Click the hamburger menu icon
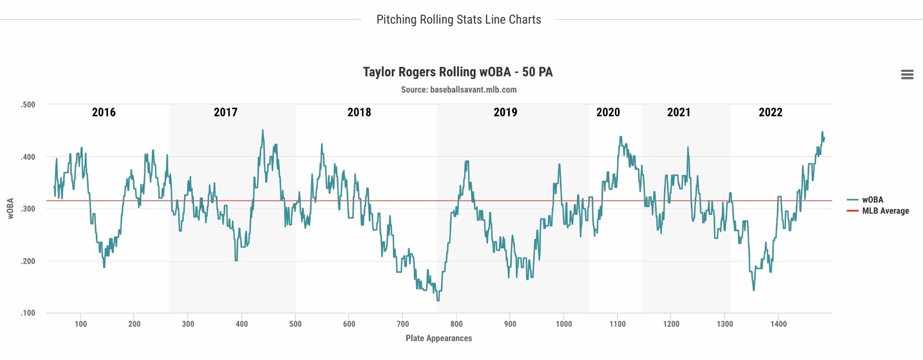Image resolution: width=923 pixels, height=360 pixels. pyautogui.click(x=907, y=75)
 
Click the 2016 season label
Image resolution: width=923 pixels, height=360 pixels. pyautogui.click(x=104, y=112)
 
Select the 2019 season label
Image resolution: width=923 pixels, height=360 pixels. pyautogui.click(x=505, y=112)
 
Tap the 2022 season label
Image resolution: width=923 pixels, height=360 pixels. pyautogui.click(x=770, y=112)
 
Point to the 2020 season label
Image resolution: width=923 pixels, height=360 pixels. pyautogui.click(x=608, y=112)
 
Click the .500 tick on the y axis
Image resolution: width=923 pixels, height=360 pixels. pyautogui.click(x=28, y=105)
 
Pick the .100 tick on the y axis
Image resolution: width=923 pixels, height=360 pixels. pyautogui.click(x=28, y=313)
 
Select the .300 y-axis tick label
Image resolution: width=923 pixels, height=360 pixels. pyautogui.click(x=28, y=209)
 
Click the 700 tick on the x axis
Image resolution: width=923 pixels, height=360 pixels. pyautogui.click(x=403, y=324)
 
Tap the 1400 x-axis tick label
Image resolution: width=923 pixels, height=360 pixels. pyautogui.click(x=778, y=324)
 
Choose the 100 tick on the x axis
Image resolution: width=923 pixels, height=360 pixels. pyautogui.click(x=81, y=324)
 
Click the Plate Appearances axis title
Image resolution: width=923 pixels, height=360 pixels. pyautogui.click(x=438, y=338)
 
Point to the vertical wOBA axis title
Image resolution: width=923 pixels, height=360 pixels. pyautogui.click(x=10, y=209)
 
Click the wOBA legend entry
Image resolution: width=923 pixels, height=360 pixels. pyautogui.click(x=872, y=200)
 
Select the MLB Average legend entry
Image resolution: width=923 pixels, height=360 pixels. pyautogui.click(x=885, y=211)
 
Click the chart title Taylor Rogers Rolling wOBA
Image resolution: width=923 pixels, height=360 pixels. pyautogui.click(x=457, y=72)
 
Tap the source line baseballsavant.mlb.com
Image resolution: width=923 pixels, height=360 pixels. pyautogui.click(x=458, y=90)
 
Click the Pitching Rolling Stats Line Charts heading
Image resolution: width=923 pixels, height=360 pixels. pyautogui.click(x=458, y=19)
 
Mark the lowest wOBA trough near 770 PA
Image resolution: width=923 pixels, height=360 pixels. pyautogui.click(x=438, y=301)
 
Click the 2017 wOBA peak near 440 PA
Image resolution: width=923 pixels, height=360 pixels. pyautogui.click(x=263, y=130)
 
